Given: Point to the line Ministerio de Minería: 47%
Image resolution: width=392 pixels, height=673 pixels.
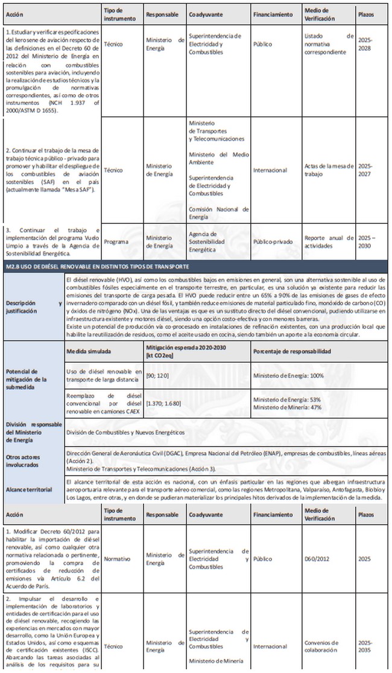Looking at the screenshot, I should [x=286, y=407].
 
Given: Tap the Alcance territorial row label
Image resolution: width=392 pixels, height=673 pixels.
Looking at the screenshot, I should [x=28, y=490].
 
